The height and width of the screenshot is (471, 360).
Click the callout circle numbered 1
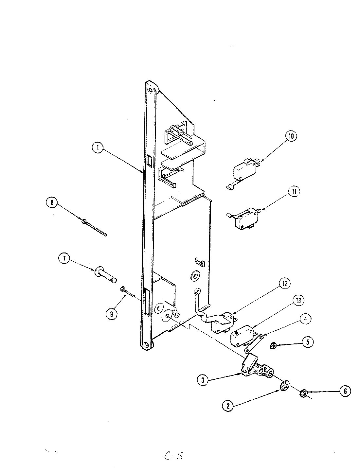click(x=97, y=148)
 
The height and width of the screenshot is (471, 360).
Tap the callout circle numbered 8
click(x=51, y=203)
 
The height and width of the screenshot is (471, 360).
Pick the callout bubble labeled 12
click(x=284, y=284)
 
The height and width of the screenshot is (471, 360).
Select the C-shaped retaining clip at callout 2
click(x=285, y=386)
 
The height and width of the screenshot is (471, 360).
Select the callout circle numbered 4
click(x=305, y=319)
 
